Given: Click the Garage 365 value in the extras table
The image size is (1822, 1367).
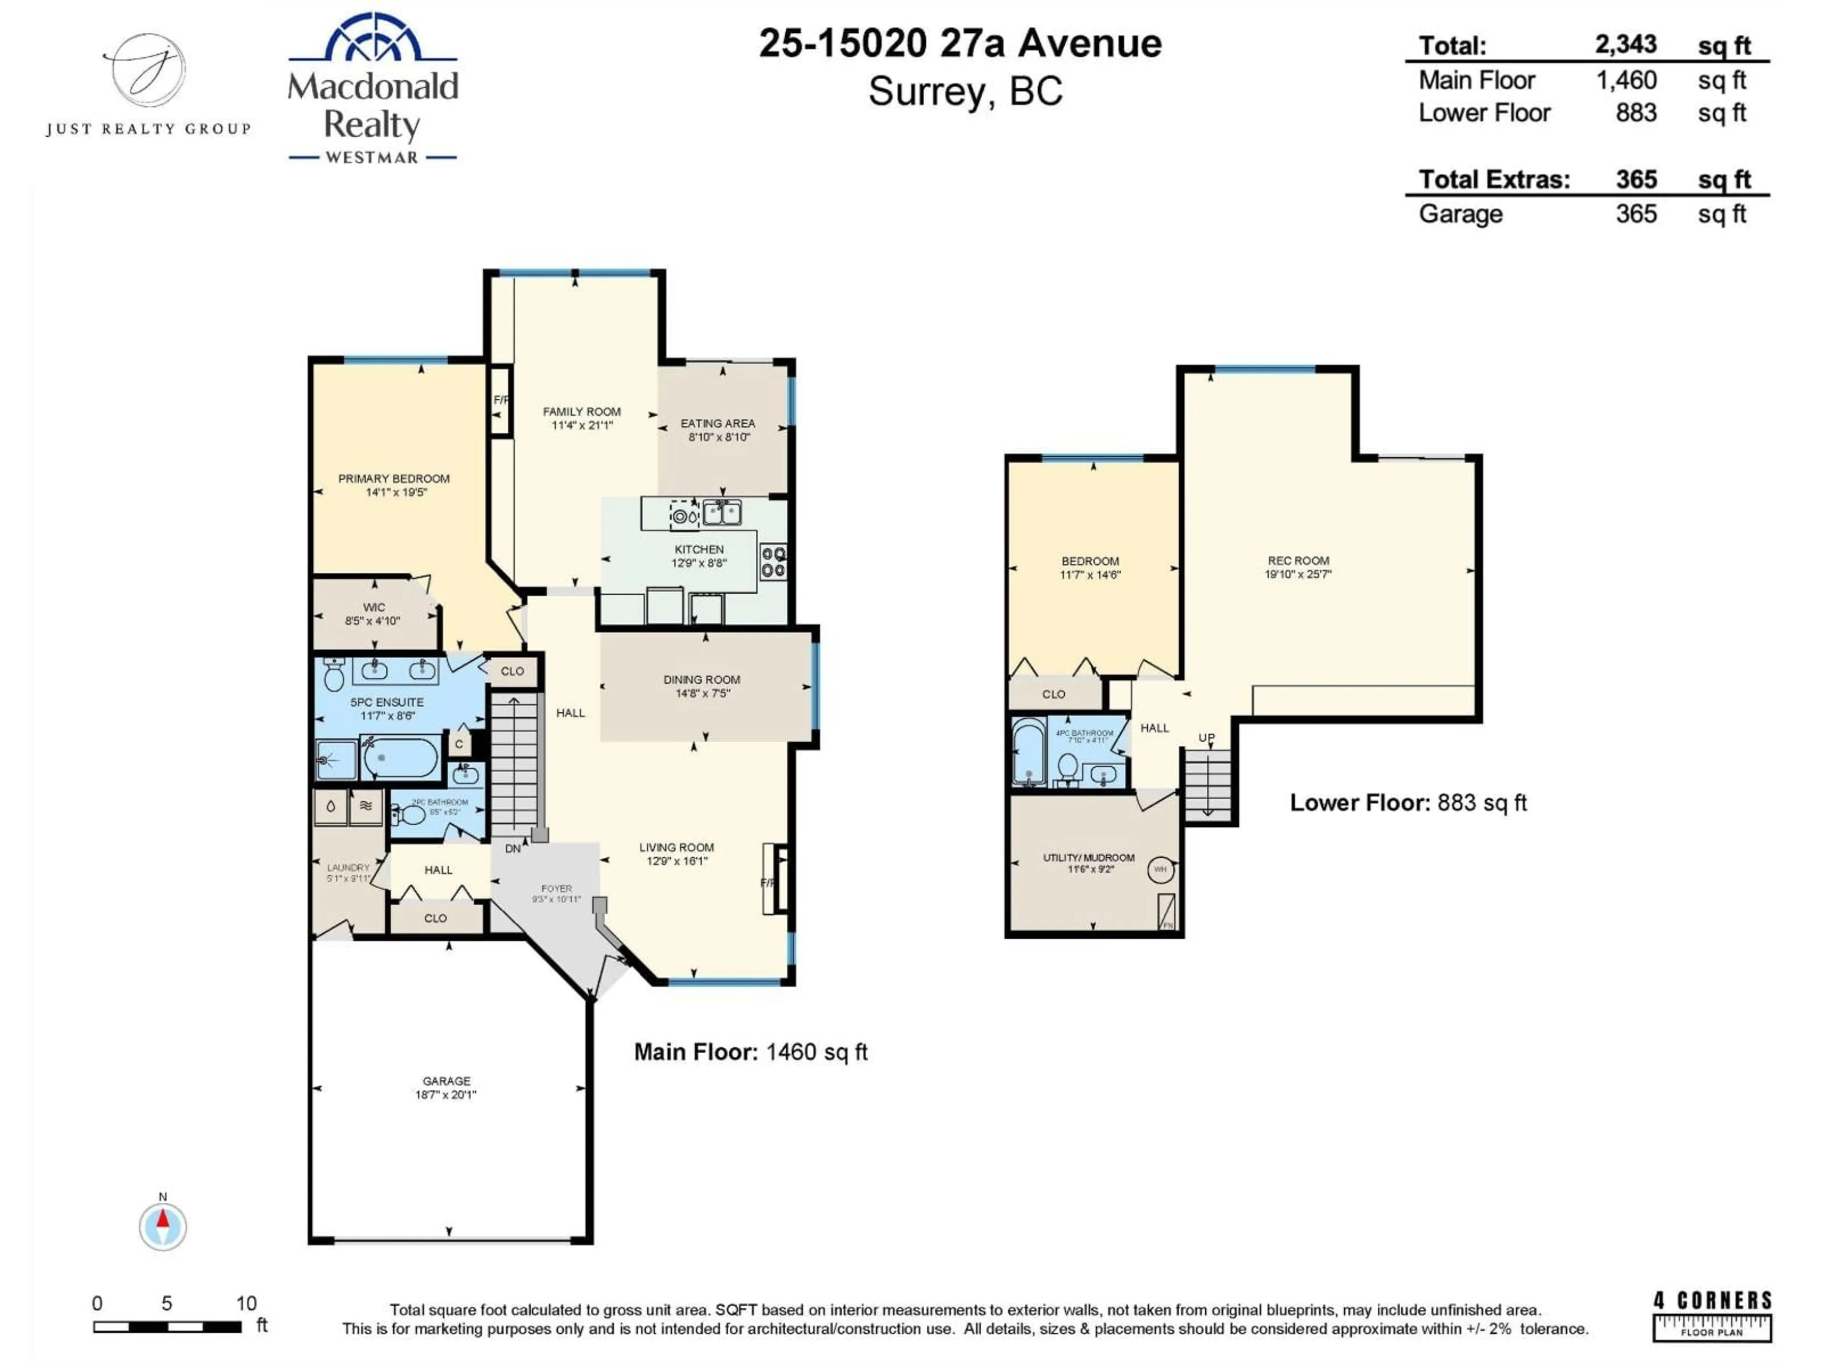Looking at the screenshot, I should click(1636, 214).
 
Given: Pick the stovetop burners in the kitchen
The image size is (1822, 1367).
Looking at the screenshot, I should click(772, 562).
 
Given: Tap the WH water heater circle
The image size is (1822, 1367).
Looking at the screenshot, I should click(1160, 869).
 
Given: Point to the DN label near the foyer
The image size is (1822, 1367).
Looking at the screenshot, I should click(512, 849).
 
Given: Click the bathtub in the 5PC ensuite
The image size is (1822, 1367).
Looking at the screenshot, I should click(401, 757).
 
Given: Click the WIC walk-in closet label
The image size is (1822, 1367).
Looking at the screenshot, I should click(374, 607).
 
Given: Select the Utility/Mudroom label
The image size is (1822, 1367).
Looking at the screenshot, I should click(1088, 858).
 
